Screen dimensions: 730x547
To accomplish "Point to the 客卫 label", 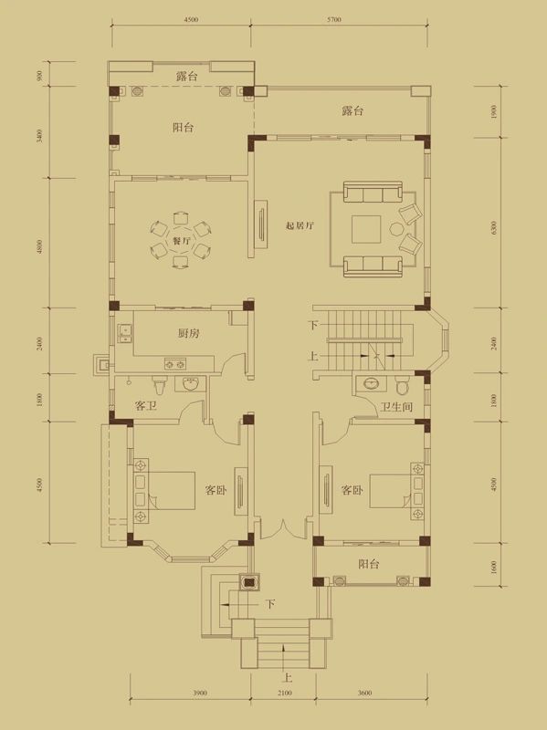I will (x=145, y=407).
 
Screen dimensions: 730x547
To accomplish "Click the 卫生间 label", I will (x=398, y=407).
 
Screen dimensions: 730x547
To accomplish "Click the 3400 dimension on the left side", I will (x=40, y=137).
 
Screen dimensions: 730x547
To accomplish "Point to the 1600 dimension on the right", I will (x=493, y=567).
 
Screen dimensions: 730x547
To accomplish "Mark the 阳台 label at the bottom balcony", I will (x=369, y=564).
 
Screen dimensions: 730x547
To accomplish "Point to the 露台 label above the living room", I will (x=352, y=110).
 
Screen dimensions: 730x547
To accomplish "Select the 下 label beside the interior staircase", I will (x=313, y=326).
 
